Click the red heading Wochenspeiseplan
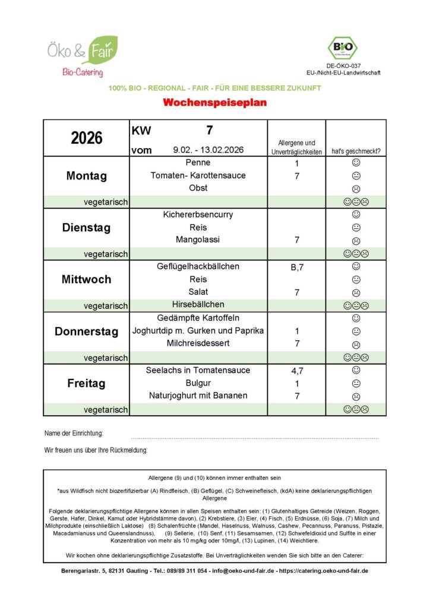214,103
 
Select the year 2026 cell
87,138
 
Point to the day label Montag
87,176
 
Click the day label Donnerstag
87,332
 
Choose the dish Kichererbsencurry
198,214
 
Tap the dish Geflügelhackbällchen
198,266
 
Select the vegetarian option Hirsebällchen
198,305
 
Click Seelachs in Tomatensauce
198,370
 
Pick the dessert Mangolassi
198,240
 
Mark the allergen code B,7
297,267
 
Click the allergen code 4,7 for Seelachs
297,371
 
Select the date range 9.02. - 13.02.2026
208,150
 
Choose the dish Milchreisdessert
198,344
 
